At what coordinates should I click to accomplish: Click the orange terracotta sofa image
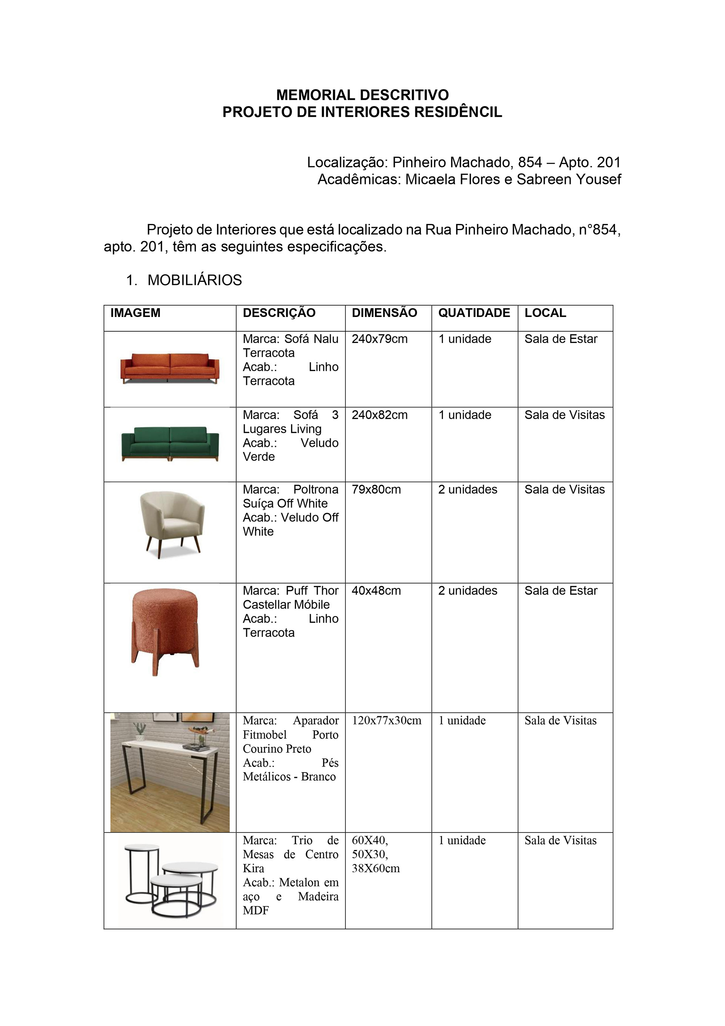point(170,368)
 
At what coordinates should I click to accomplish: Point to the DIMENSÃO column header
point(384,313)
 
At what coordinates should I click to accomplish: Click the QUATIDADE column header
point(474,313)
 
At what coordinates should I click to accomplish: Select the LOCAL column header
point(545,313)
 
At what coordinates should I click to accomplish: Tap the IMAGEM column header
point(135,313)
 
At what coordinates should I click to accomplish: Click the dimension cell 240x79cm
point(380,339)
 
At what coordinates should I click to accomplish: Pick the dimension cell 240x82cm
point(380,415)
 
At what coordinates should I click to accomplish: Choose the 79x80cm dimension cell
point(376,490)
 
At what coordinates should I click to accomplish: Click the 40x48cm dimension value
point(376,591)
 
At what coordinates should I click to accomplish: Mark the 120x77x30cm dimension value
point(386,720)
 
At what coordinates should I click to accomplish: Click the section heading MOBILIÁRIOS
point(195,280)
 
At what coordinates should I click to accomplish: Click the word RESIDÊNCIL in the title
point(458,112)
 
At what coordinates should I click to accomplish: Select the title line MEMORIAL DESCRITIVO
point(362,95)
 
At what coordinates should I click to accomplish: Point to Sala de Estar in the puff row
point(561,591)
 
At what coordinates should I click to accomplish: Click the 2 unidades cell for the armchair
point(468,490)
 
